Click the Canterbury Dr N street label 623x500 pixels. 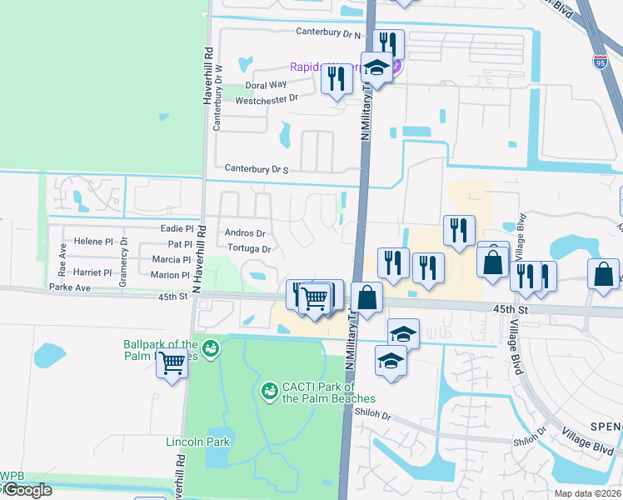329,32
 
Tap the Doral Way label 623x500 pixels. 266,85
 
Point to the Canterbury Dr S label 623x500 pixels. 251,170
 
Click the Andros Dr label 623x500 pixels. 245,233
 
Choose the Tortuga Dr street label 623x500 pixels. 249,248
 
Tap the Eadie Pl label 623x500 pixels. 177,228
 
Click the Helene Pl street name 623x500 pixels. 92,242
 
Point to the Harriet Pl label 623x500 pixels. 92,272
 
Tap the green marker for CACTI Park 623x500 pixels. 269,390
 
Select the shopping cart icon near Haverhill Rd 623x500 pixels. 172,362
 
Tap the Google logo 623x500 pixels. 27,490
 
